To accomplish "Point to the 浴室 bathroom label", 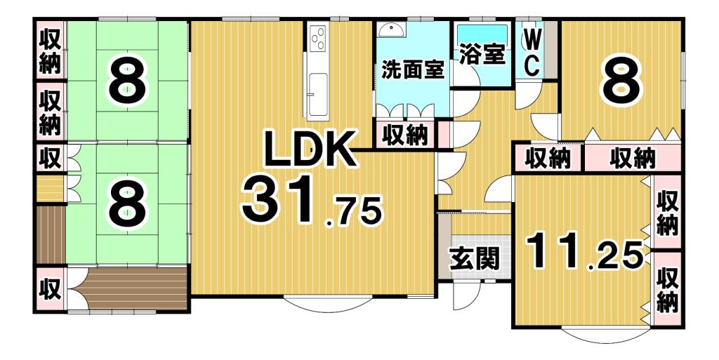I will click(481, 55).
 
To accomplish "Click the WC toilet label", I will click(532, 51).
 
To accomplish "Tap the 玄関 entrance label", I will click(475, 258).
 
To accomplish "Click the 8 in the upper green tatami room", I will click(127, 81).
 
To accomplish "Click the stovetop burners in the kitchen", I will click(317, 36).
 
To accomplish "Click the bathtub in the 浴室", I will click(482, 34).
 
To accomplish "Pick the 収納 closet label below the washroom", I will click(405, 135).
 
